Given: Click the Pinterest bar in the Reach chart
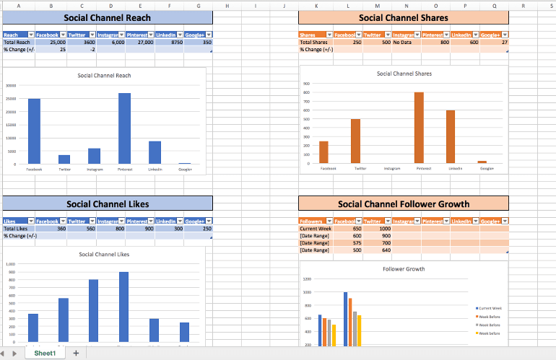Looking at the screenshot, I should tap(124, 128).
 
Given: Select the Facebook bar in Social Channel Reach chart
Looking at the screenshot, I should tap(34, 131).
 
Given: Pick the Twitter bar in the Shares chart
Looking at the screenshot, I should tap(355, 141).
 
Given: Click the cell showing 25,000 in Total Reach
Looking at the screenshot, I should tap(51, 43).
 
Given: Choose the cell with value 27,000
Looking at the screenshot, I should tap(140, 43).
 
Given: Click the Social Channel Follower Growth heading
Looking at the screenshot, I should tap(403, 204).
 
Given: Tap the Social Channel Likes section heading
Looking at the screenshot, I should tap(108, 204).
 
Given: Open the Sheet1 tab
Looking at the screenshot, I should tap(45, 353).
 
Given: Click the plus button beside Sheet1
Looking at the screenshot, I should tap(76, 353).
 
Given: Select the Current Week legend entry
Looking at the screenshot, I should tap(491, 308).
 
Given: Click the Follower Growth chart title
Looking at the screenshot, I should tap(404, 269).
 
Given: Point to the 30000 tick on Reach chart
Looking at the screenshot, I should tap(11, 85).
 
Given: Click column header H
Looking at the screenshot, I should tap(227, 6).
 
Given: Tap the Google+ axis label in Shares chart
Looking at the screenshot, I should tap(487, 168).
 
